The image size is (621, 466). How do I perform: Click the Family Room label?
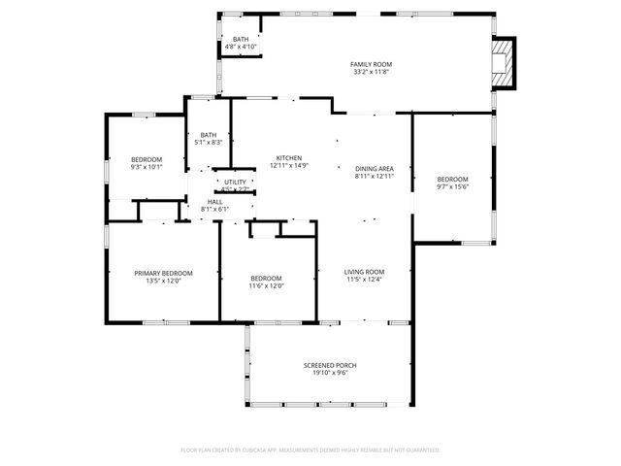[x=372, y=64]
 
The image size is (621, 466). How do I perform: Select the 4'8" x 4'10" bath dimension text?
[x=241, y=47]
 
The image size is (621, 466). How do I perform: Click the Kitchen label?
[x=289, y=158]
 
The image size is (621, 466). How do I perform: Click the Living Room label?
[x=365, y=272]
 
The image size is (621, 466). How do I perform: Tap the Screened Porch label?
[x=330, y=365]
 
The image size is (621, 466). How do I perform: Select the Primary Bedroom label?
[x=163, y=273]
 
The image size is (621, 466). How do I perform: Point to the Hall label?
[x=214, y=202]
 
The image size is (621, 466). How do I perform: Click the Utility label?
[x=236, y=182]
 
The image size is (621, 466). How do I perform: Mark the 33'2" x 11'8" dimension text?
[x=372, y=72]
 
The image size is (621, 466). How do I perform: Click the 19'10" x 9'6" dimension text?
[x=330, y=373]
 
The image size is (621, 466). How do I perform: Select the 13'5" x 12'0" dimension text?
[x=163, y=281]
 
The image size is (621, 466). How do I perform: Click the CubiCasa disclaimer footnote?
[x=310, y=450]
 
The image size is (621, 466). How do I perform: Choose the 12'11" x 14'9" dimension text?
[x=289, y=166]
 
